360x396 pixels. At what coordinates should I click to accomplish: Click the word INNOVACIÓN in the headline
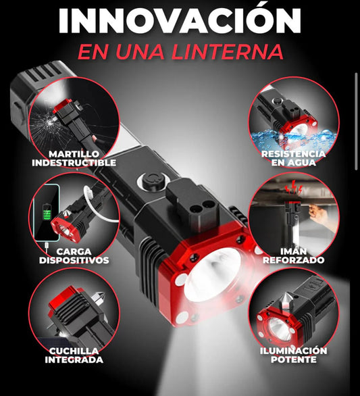[x=180, y=20]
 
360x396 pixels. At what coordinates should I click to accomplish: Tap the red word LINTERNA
[x=228, y=52]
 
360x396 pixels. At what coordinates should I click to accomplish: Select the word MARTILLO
[x=74, y=154]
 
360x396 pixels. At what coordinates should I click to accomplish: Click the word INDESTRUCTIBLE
[x=74, y=163]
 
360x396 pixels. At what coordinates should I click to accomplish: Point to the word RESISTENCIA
[x=293, y=154]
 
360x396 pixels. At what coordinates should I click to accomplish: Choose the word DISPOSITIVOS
[x=74, y=260]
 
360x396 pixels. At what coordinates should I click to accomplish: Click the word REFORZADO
[x=294, y=260]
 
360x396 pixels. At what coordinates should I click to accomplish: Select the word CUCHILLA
[x=74, y=351]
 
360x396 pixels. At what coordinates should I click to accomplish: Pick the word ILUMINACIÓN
[x=294, y=351]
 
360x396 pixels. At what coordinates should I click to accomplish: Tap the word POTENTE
[x=294, y=360]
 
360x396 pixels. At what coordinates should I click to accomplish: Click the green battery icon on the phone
[x=47, y=212]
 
